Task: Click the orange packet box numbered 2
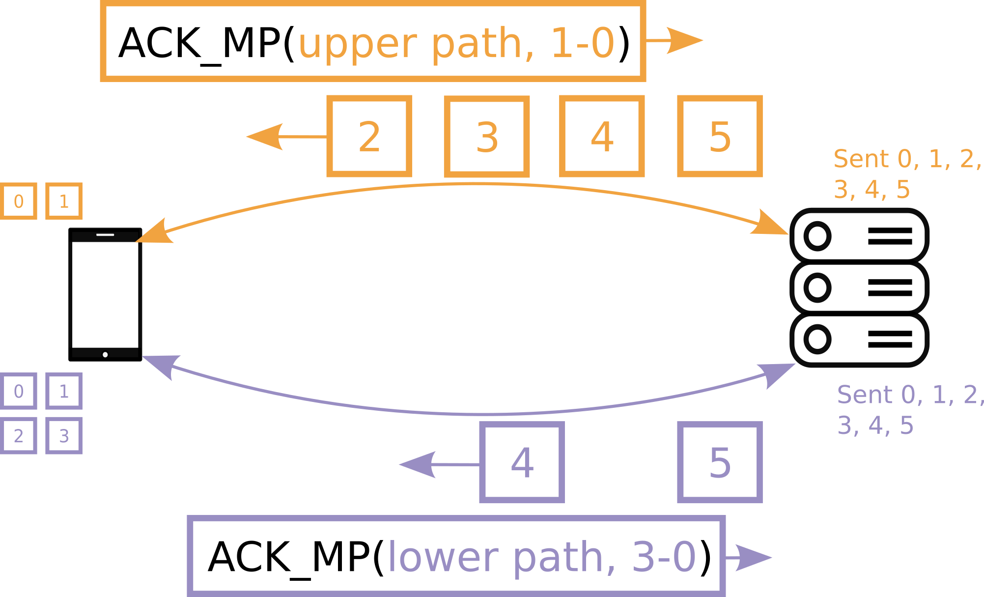click(369, 136)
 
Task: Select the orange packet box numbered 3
click(487, 137)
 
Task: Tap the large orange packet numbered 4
click(602, 136)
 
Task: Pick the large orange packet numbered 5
click(720, 136)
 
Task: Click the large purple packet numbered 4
click(522, 462)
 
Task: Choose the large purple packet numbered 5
click(720, 462)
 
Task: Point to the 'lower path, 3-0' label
click(541, 557)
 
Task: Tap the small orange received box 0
click(19, 201)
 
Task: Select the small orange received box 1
click(64, 201)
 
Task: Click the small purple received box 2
click(19, 436)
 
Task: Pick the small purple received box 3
click(64, 436)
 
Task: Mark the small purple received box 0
click(19, 391)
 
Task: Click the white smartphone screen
click(105, 295)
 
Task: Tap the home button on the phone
click(105, 355)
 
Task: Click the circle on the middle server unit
click(817, 287)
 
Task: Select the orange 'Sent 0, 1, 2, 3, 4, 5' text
click(906, 174)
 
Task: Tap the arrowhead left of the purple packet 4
click(418, 464)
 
